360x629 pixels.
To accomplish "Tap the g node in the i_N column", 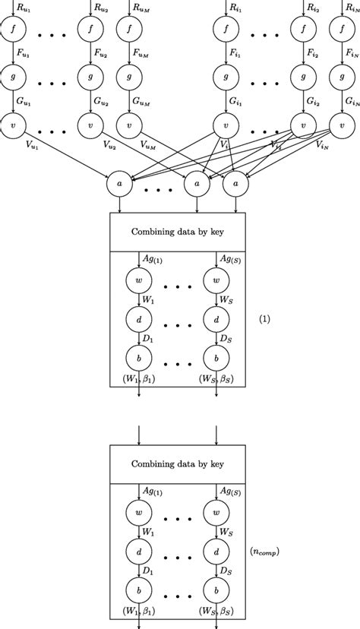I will click(x=342, y=76).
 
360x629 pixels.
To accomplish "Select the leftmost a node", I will click(x=118, y=182).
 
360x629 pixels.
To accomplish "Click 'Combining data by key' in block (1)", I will click(x=178, y=232).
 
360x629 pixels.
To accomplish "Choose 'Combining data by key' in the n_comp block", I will click(x=178, y=463).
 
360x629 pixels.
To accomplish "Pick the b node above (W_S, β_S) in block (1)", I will click(x=217, y=358).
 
